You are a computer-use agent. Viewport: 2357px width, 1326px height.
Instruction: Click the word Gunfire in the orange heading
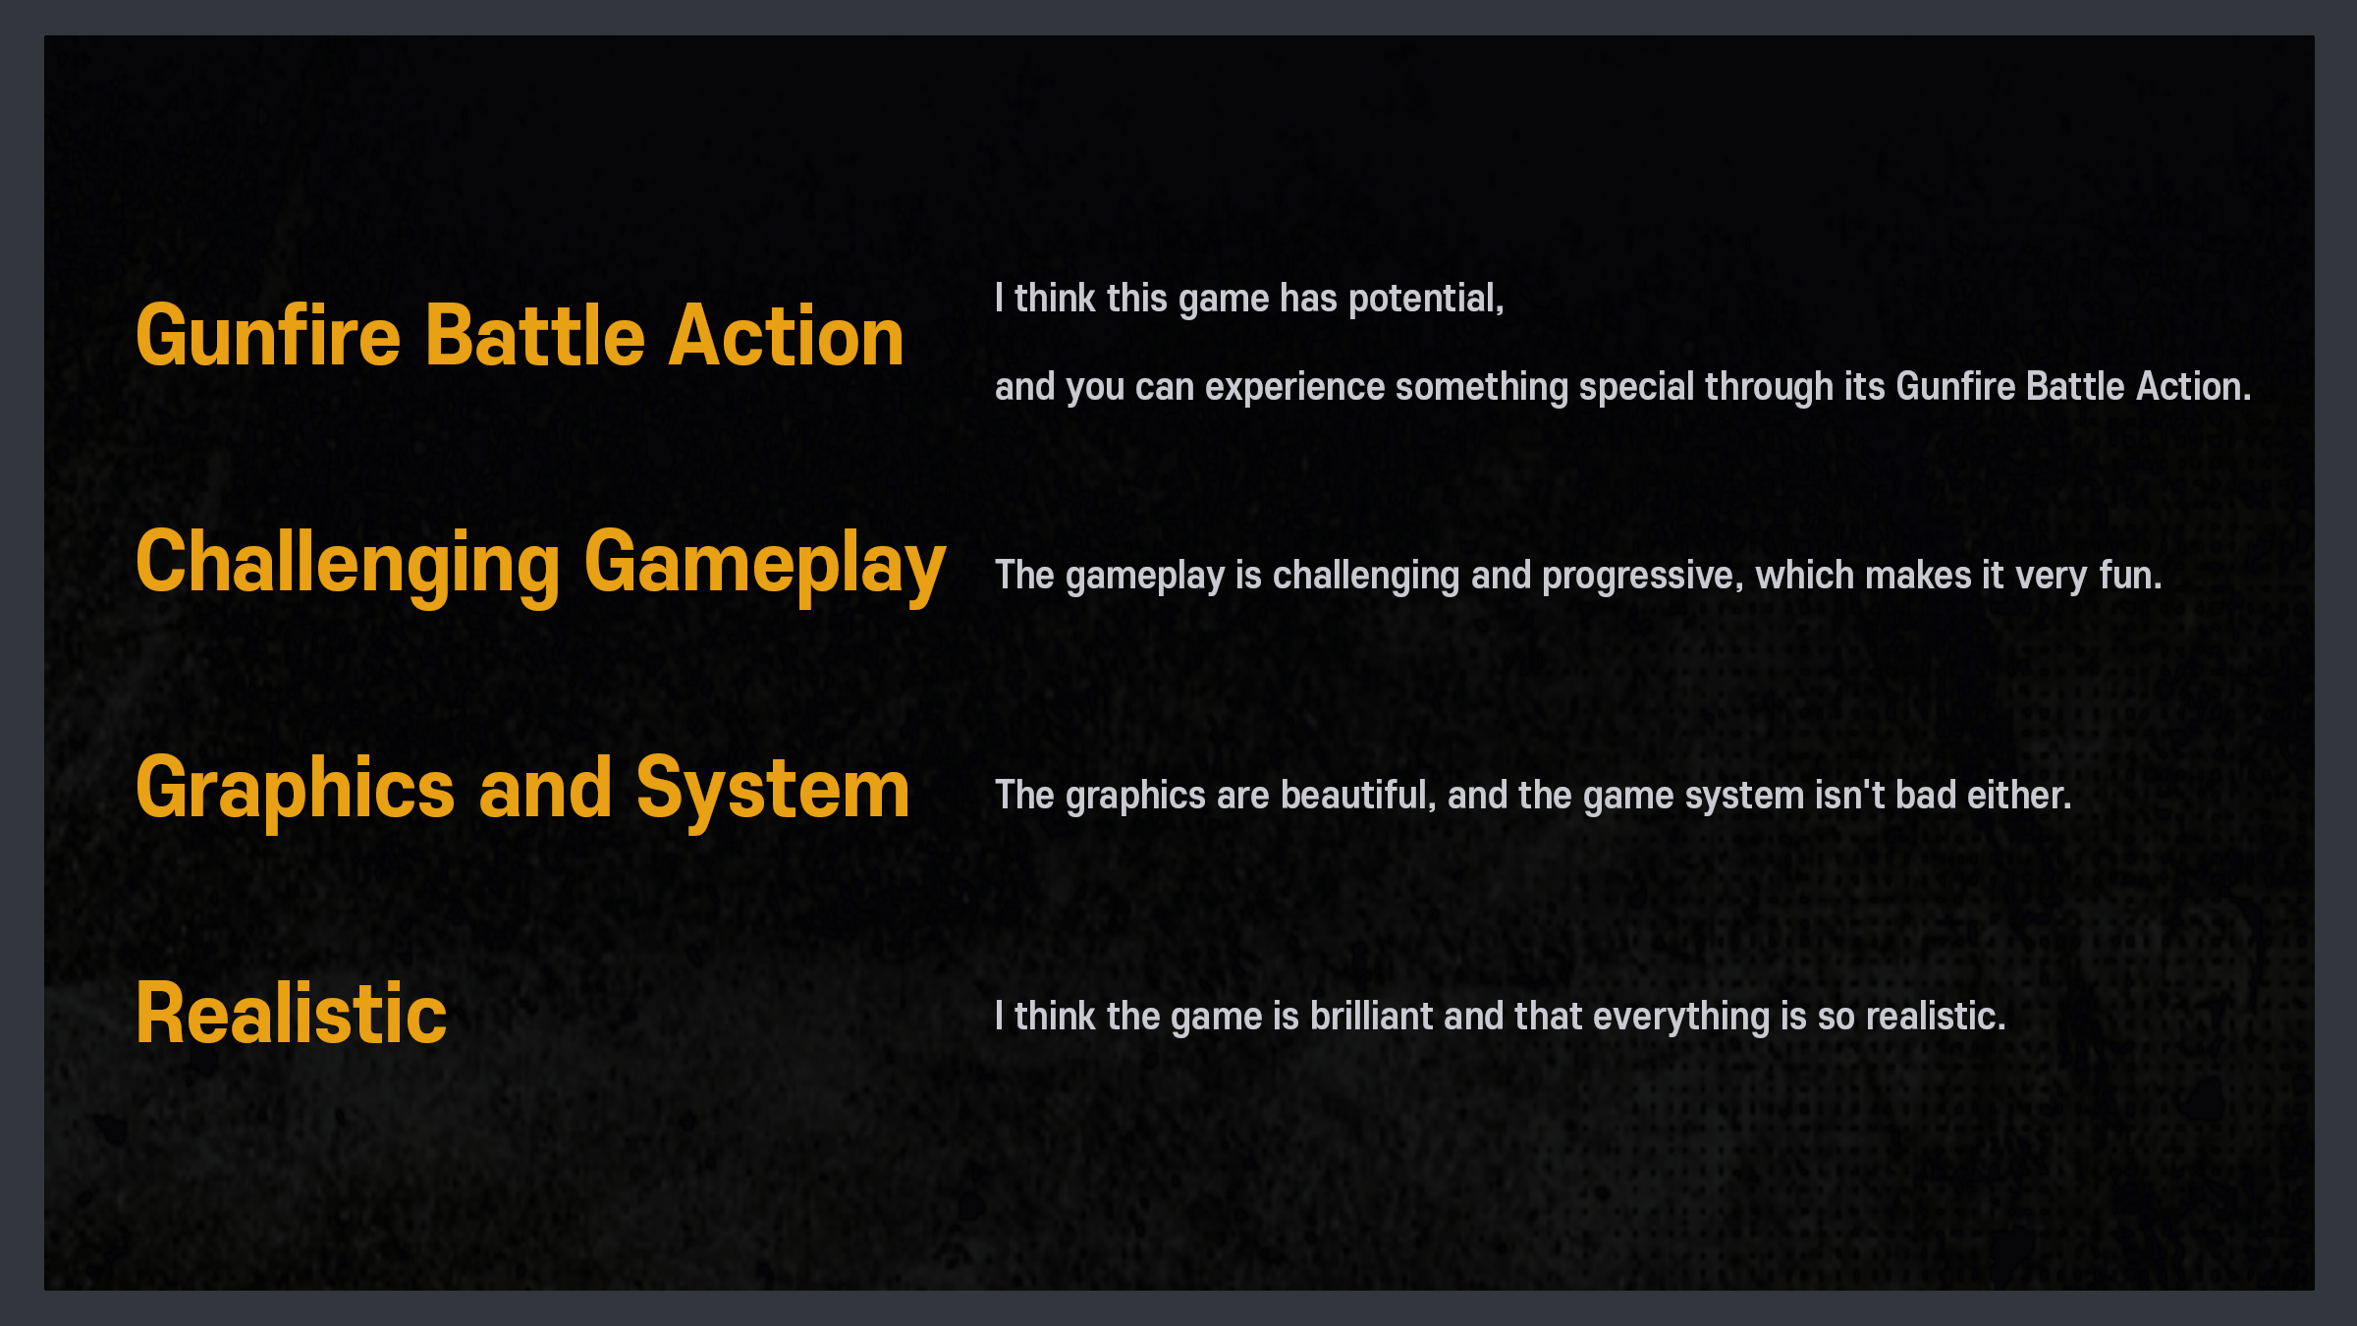point(268,336)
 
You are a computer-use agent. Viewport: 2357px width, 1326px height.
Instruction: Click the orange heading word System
point(773,789)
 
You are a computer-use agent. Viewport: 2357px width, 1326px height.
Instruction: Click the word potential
point(1426,299)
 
